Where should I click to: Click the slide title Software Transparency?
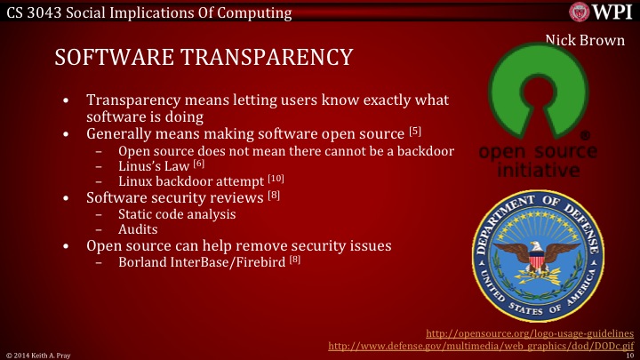204,57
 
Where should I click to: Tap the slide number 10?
629,354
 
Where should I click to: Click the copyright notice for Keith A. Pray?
32,354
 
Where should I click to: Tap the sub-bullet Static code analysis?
177,213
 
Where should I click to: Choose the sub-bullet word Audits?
138,228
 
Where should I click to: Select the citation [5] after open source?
415,132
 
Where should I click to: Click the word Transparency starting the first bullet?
132,100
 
